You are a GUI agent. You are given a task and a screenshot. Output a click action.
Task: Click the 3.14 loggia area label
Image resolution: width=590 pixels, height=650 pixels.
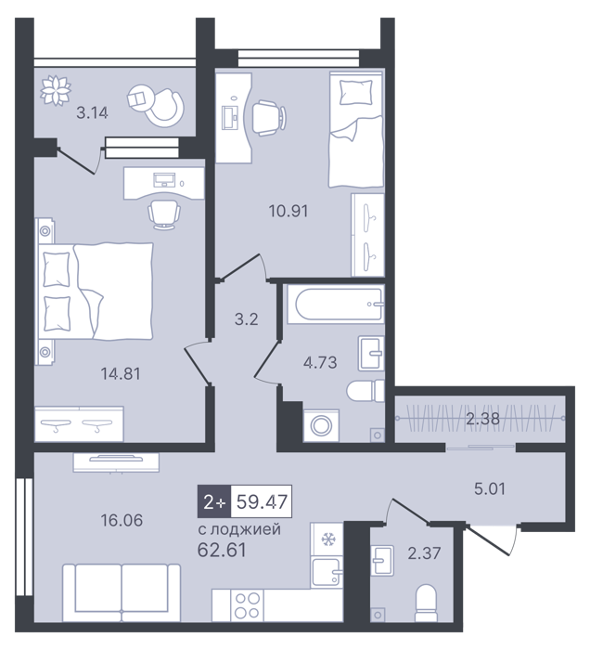tap(92, 112)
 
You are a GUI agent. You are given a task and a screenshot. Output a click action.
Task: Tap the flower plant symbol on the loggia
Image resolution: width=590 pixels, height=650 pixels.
tap(56, 90)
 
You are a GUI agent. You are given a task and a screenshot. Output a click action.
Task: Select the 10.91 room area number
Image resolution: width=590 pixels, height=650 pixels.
tap(289, 211)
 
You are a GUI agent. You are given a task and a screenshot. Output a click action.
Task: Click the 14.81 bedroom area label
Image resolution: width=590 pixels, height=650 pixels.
tap(121, 373)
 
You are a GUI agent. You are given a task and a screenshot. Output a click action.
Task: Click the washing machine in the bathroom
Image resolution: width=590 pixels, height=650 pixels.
tap(321, 425)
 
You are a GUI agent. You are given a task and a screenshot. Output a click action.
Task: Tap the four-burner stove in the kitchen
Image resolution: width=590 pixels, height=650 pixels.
tap(247, 605)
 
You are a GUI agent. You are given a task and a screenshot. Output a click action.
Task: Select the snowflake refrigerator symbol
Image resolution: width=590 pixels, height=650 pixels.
tap(327, 539)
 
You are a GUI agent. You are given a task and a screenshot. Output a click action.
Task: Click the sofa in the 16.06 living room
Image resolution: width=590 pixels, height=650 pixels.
tap(122, 592)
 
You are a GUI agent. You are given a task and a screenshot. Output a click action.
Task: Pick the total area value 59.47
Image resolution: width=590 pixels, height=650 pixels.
tap(262, 501)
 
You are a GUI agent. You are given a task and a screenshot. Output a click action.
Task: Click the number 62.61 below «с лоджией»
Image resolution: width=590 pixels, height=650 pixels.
tap(222, 550)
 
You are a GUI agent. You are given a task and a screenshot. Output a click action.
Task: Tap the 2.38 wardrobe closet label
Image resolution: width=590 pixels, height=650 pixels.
tap(482, 419)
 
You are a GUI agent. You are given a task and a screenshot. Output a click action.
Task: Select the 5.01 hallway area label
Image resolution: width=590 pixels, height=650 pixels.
tap(490, 488)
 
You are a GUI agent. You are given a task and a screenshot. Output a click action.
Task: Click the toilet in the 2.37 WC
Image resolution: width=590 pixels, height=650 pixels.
tap(425, 604)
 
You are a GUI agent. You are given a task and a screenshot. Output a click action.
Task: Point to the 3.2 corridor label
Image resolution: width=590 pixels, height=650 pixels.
tap(247, 319)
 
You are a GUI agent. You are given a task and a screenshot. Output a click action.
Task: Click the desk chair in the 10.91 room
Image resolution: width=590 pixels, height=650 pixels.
tap(268, 117)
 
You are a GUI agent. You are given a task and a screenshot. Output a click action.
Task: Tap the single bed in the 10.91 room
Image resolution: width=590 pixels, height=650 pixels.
tap(356, 129)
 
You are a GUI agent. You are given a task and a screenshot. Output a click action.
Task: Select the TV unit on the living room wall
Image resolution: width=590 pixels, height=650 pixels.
tap(116, 461)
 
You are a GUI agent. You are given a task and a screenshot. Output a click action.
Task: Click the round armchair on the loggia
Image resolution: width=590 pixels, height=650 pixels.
tap(156, 106)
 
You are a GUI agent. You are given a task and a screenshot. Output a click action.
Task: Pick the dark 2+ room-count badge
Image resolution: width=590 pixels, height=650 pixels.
tap(214, 501)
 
